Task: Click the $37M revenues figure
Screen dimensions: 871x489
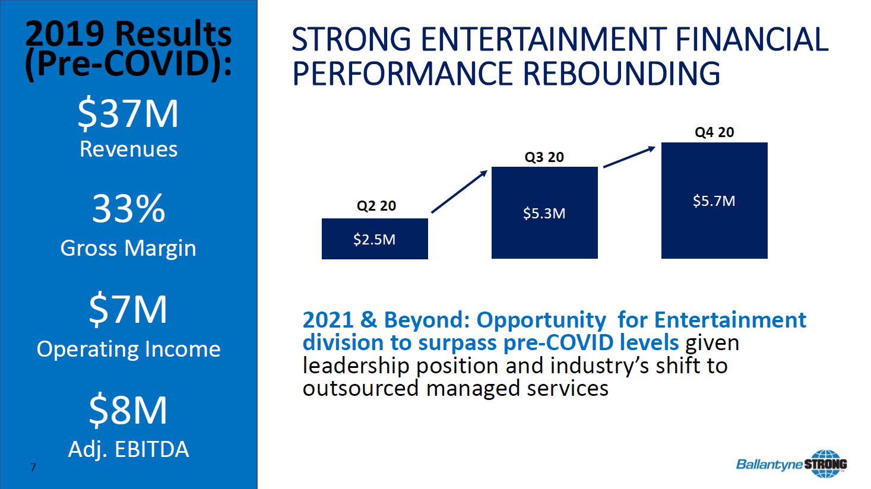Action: click(x=128, y=113)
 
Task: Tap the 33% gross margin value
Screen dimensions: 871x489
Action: click(x=129, y=209)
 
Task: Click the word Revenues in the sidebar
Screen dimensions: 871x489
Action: click(x=128, y=150)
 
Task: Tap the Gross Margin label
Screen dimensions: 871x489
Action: click(x=128, y=249)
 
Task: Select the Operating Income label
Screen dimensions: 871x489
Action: click(x=128, y=349)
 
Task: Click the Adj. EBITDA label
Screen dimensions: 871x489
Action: click(x=128, y=450)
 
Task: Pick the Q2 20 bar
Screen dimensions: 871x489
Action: click(x=375, y=239)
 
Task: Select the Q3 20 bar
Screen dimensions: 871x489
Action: click(x=544, y=212)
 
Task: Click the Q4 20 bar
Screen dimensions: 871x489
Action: click(x=714, y=201)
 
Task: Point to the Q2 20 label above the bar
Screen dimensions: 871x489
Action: click(x=376, y=205)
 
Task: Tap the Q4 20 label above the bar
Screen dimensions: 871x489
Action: click(x=714, y=132)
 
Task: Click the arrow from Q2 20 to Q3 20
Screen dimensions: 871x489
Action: click(x=459, y=192)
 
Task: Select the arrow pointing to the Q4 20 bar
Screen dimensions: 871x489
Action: click(x=629, y=157)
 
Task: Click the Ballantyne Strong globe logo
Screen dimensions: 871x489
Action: click(x=826, y=463)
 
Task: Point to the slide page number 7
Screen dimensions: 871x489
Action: click(x=33, y=467)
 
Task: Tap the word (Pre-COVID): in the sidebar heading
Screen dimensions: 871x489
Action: click(x=128, y=64)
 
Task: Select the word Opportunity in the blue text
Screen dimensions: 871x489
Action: click(x=541, y=320)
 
